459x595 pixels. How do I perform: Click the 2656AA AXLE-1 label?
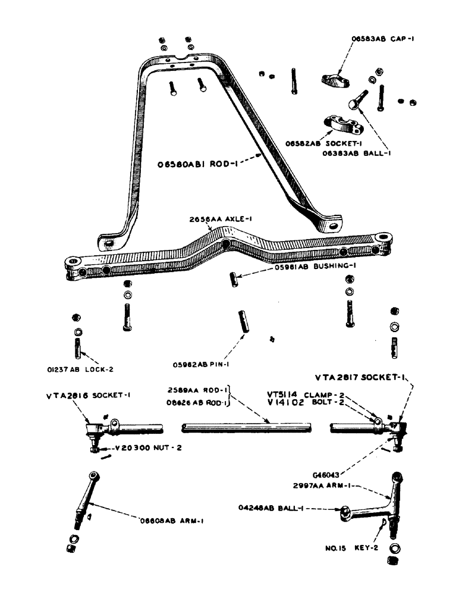[x=213, y=218]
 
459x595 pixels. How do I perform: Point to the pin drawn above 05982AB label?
[x=243, y=322]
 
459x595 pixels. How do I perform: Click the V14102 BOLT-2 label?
[x=296, y=402]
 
